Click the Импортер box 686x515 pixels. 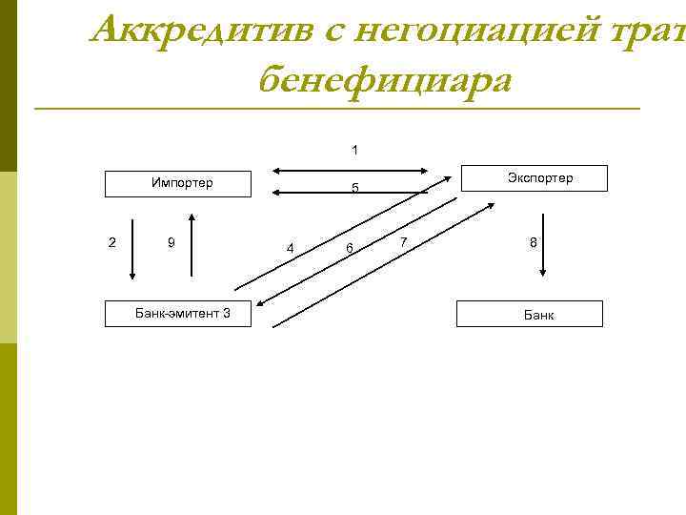(180, 183)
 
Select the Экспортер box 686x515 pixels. (539, 178)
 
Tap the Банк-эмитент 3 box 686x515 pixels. (181, 314)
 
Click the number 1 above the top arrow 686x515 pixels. (354, 150)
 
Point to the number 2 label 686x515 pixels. (112, 242)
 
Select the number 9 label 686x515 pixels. (171, 242)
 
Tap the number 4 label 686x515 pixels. (290, 249)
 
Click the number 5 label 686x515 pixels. (354, 188)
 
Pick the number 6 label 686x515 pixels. (350, 248)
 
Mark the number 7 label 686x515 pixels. (404, 242)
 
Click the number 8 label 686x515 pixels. (534, 243)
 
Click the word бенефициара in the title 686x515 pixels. (384, 80)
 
